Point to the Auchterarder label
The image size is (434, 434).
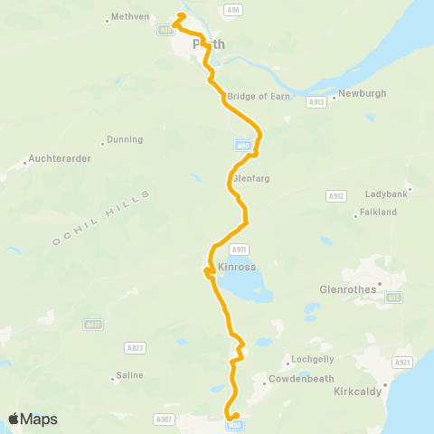(58, 158)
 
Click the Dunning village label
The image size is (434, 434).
(125, 140)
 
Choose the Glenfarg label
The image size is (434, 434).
(251, 178)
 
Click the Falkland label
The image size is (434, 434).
(378, 212)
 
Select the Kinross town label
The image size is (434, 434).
(238, 269)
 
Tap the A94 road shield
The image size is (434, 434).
(234, 9)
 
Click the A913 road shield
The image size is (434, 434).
(316, 103)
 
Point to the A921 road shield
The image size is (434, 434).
(402, 363)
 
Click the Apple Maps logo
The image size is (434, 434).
(33, 419)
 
